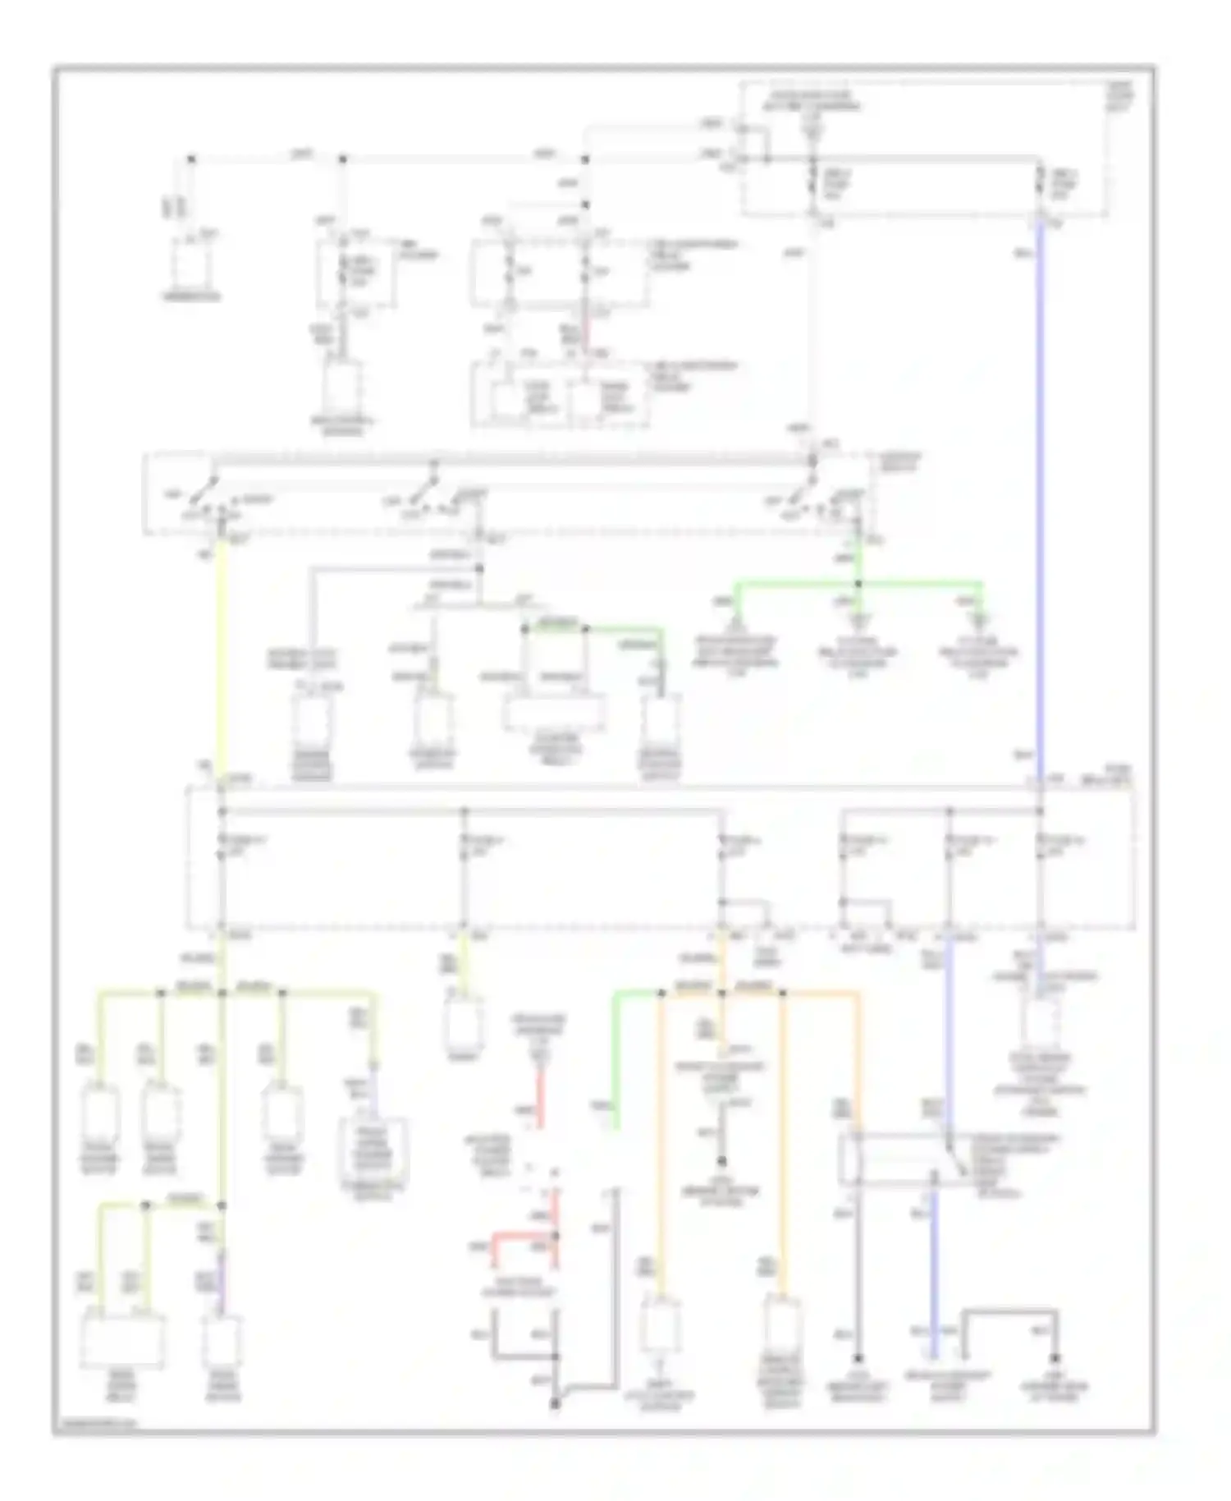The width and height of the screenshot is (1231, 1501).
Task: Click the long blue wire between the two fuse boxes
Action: point(1041,493)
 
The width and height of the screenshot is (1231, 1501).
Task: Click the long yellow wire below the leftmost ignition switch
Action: point(221,657)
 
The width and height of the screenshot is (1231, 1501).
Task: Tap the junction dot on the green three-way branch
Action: point(858,584)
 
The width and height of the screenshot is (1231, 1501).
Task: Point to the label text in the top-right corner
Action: point(1122,95)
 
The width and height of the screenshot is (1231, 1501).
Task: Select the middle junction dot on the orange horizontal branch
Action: point(722,994)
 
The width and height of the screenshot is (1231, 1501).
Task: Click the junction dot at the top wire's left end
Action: point(191,158)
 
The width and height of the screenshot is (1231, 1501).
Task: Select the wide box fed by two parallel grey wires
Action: point(555,713)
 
